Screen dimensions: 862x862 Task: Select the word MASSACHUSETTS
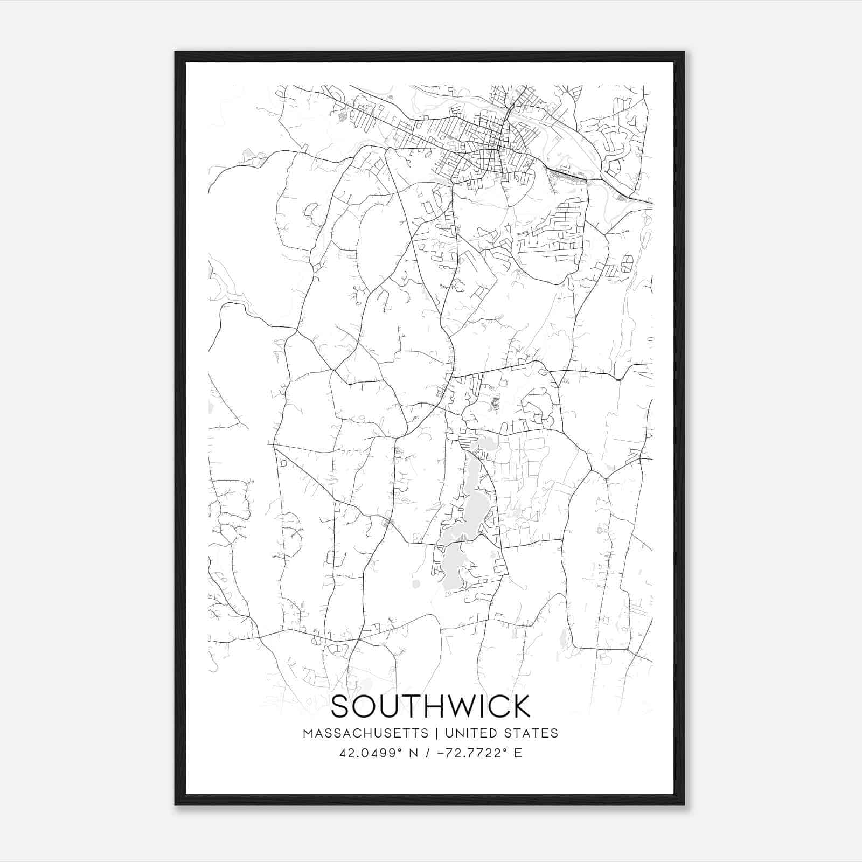(x=366, y=733)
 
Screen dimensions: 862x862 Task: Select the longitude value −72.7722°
(x=471, y=753)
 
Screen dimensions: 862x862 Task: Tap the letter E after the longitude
(x=518, y=753)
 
